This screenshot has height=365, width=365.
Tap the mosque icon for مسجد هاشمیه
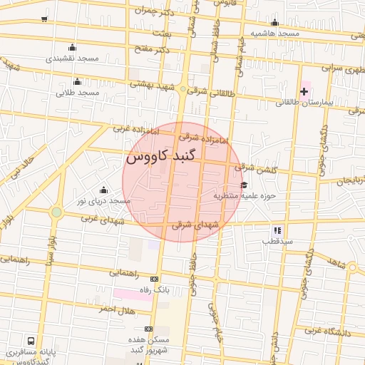[275, 22]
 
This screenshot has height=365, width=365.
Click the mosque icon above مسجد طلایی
[77, 81]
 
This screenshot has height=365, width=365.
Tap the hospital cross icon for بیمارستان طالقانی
[304, 91]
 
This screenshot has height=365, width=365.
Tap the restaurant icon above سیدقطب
[277, 230]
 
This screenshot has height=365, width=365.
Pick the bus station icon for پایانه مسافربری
[31, 341]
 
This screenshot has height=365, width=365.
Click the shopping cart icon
[45, 19]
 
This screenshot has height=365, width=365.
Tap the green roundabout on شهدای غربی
[56, 212]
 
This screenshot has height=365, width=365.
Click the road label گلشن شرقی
[255, 167]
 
